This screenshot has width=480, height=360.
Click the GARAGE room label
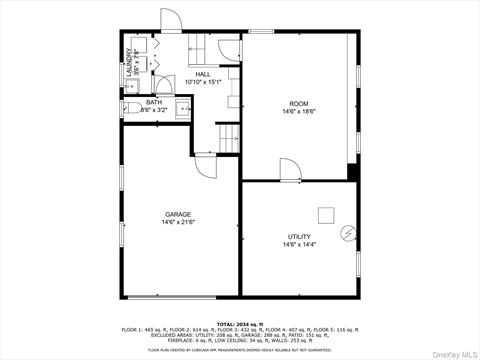tap(179, 214)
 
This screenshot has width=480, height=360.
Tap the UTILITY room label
tap(299, 237)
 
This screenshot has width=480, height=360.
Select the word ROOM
tap(299, 104)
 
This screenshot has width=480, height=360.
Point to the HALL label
tap(203, 75)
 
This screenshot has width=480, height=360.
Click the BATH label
tap(154, 102)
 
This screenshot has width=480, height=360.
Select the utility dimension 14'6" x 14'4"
tap(299, 245)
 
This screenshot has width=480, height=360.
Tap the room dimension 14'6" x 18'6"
tap(299, 112)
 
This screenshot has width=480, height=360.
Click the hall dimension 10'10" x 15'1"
tap(203, 83)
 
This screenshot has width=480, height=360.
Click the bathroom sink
tap(183, 108)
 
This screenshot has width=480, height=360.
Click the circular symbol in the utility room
tap(347, 233)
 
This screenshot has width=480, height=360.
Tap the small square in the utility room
tap(326, 214)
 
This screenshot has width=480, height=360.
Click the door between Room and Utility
tap(290, 169)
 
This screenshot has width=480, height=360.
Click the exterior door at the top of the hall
tap(171, 22)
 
